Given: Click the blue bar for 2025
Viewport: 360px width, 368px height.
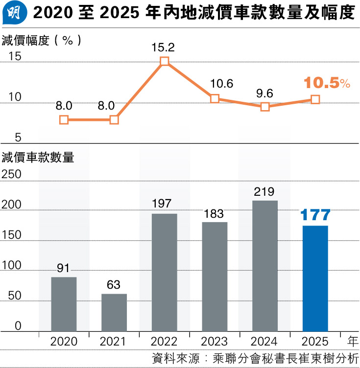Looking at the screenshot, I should click(315, 278).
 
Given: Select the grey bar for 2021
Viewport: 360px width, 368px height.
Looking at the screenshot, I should click(114, 312).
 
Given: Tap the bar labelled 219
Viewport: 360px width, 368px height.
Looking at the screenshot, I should click(265, 266).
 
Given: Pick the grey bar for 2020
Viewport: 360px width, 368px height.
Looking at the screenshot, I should click(64, 304).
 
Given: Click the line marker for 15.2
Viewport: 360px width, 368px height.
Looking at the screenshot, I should click(165, 61).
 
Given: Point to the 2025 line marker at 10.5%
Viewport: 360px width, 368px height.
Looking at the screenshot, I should click(315, 99).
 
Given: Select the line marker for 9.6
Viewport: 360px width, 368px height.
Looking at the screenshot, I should click(265, 107).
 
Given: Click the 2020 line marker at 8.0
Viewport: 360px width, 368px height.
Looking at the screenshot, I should click(64, 120).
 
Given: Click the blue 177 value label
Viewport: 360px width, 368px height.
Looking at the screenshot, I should click(315, 214).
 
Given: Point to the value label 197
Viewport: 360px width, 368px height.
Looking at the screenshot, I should click(165, 203).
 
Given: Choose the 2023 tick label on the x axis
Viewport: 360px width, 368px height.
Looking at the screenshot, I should click(215, 341).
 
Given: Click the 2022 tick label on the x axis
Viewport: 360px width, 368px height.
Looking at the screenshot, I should click(165, 341).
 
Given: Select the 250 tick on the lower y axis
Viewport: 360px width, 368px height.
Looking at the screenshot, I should click(12, 175).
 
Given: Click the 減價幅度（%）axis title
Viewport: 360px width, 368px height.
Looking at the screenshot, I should click(41, 40).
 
